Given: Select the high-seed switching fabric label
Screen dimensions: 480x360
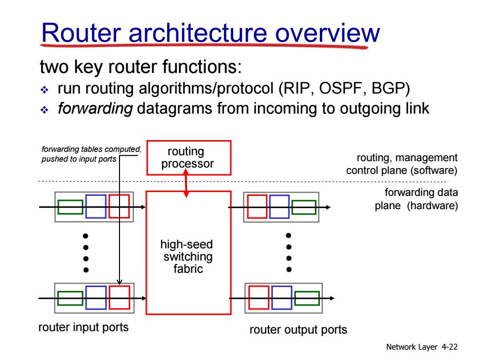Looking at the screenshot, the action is coord(187,257).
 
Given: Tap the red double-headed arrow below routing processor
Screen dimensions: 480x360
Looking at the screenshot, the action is coord(186,183).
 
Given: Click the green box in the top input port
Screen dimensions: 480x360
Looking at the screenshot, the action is coord(70,207).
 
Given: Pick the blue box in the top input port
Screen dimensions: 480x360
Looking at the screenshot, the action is coord(96,206).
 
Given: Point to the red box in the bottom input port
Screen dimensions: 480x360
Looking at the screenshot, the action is coord(120,298).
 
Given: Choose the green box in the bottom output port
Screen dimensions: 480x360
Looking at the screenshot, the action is coord(307,298).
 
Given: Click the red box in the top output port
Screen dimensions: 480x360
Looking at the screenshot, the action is coord(257,207).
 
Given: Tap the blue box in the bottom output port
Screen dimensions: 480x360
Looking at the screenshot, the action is coord(282,298).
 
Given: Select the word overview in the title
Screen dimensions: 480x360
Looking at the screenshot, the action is coord(328,33).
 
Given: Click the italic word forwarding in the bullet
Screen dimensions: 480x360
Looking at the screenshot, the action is coord(95,109).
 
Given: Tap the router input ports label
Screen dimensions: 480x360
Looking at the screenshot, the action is coord(83,327).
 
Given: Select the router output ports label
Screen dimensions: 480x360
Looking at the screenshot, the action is coord(298,330).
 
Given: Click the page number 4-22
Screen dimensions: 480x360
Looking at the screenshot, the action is coord(450,347).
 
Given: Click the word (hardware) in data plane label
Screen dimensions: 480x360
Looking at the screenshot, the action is coord(432,206).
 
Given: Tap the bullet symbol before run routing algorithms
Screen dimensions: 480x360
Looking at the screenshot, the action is coord(45,90).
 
